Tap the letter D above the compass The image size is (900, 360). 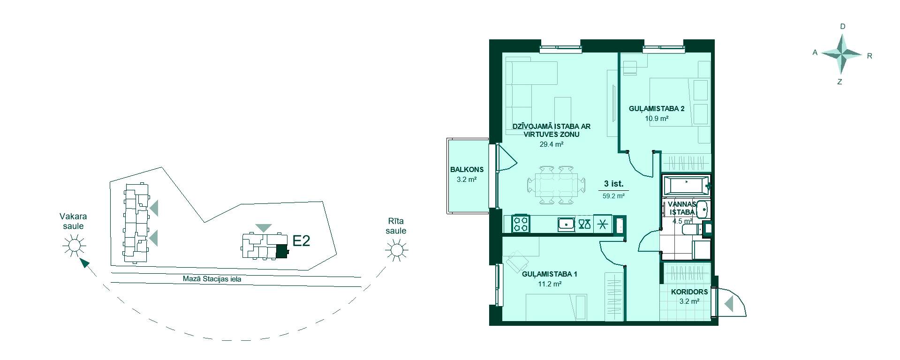pos(843,27)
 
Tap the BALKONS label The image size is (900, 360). pos(467,170)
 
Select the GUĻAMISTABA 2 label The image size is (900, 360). pos(657,109)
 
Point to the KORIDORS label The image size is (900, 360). pos(689,292)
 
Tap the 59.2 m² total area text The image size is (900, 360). pos(613,196)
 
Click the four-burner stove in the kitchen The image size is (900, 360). pos(520,224)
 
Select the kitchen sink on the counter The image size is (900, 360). pos(567,225)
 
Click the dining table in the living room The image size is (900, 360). pos(556,185)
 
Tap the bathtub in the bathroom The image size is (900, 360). pos(686,186)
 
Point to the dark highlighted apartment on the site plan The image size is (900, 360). pos(281,252)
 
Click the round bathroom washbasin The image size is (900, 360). pos(702,210)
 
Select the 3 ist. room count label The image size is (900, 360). pos(613,183)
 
